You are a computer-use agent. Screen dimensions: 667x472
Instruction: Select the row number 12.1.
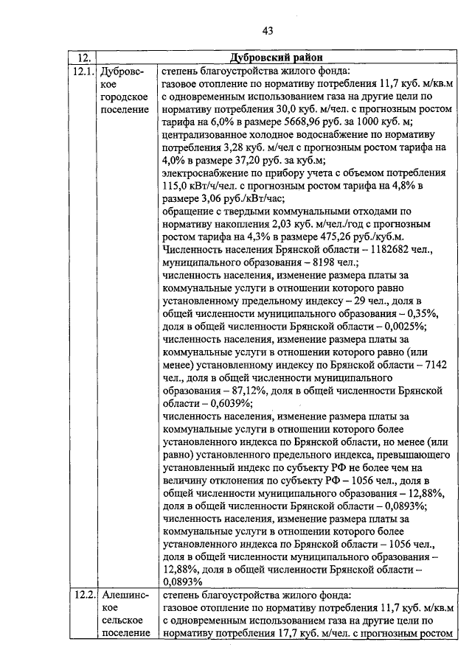coord(83,71)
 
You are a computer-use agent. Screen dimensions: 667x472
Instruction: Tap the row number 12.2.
coord(83,596)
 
